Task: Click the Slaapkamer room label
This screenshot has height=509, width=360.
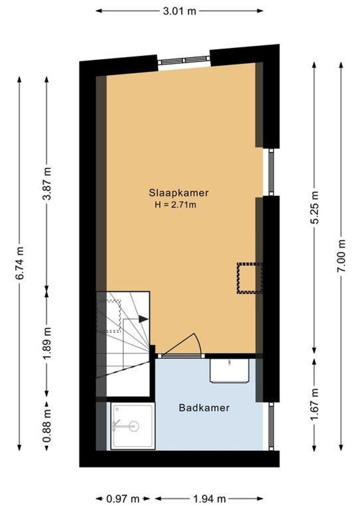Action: point(179,193)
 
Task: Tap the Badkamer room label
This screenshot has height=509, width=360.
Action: point(204,408)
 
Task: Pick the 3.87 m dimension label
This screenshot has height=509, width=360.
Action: point(47,184)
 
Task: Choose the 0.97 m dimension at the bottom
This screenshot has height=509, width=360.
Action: point(123,499)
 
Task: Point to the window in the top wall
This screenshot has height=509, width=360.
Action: point(183,60)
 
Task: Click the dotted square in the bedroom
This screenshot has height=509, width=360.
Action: point(249,278)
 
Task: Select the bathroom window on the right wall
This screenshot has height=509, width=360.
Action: point(270,427)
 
